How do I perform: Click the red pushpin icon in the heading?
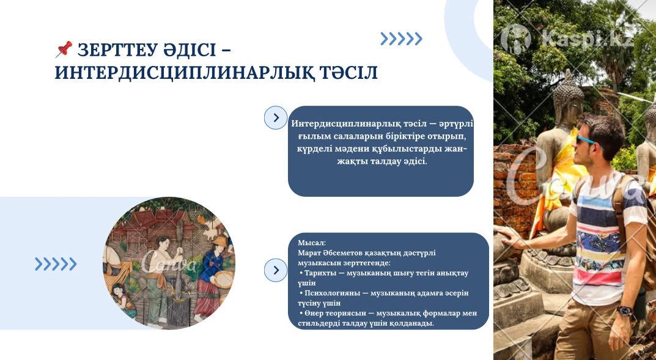[64, 49]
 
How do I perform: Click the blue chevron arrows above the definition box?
[401, 39]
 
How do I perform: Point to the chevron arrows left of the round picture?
[56, 264]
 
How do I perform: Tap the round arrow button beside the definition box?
[276, 117]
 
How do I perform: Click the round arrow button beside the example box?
[276, 270]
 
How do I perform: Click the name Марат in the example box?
[309, 252]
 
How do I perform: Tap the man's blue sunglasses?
[588, 139]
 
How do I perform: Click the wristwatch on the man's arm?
[625, 310]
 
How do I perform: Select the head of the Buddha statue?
[568, 98]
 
